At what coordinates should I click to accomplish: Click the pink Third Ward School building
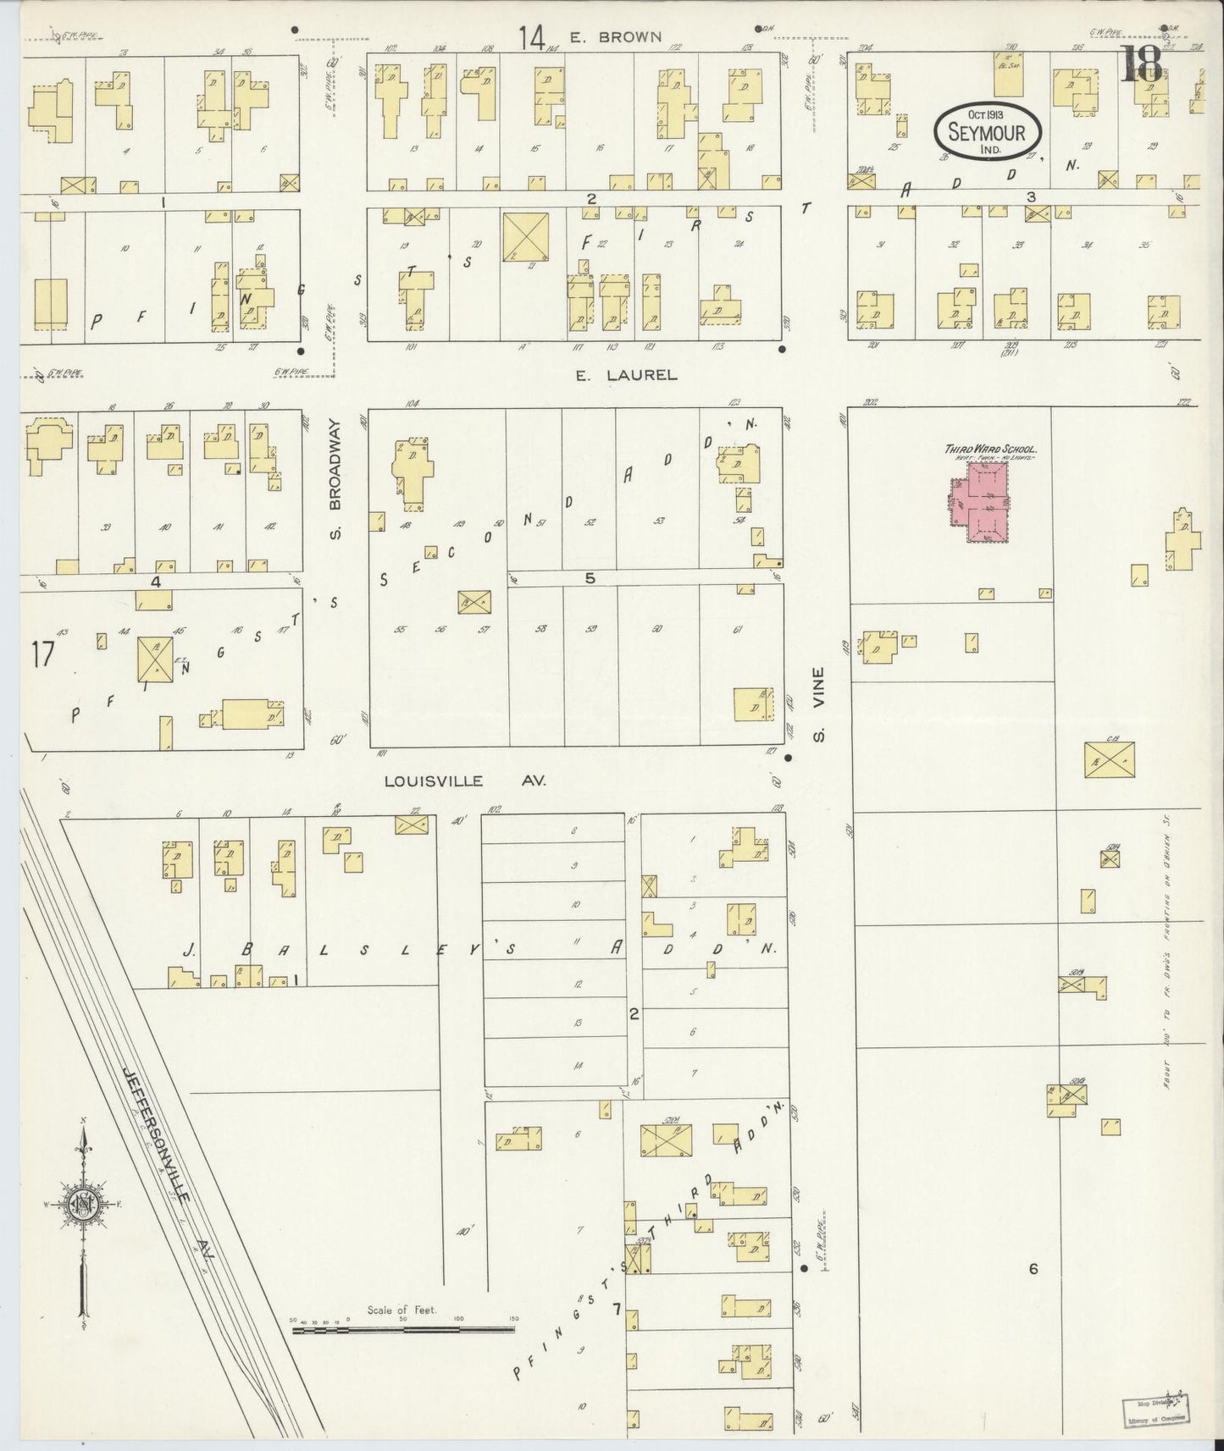[x=979, y=503]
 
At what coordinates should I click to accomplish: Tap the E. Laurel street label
[x=627, y=375]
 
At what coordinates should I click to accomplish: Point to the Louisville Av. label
[x=465, y=781]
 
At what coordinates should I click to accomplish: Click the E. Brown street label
[x=628, y=36]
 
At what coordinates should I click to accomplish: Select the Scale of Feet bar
[x=403, y=1330]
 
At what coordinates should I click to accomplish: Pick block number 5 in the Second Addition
[x=590, y=579]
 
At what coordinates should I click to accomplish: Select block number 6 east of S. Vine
[x=1033, y=1268]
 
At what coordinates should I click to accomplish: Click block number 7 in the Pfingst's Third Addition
[x=618, y=1310]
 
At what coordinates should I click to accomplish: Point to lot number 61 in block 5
[x=739, y=629]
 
